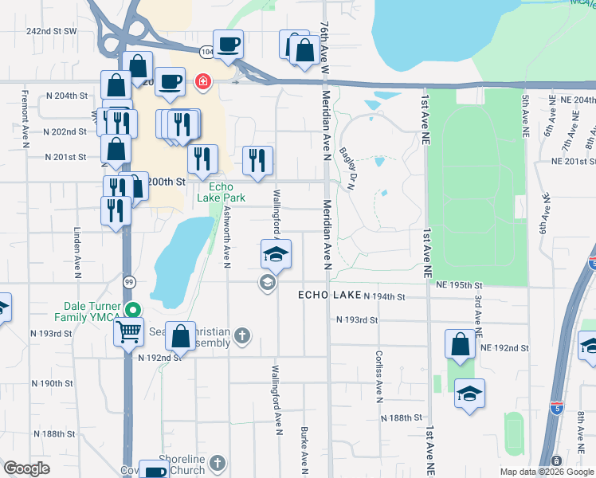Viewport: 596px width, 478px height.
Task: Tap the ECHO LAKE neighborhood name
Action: (x=329, y=295)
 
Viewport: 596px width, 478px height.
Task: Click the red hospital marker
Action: (x=202, y=81)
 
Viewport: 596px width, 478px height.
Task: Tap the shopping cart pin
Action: (x=128, y=331)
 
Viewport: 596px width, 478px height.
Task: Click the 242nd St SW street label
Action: (x=51, y=31)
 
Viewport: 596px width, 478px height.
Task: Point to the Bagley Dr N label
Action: (x=347, y=167)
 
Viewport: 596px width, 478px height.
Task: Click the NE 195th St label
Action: (x=460, y=284)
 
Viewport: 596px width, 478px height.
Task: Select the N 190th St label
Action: (x=57, y=383)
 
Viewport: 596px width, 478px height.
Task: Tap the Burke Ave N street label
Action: (x=304, y=449)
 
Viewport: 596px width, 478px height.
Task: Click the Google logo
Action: (x=26, y=468)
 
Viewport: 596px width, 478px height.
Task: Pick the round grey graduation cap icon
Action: (x=267, y=282)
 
